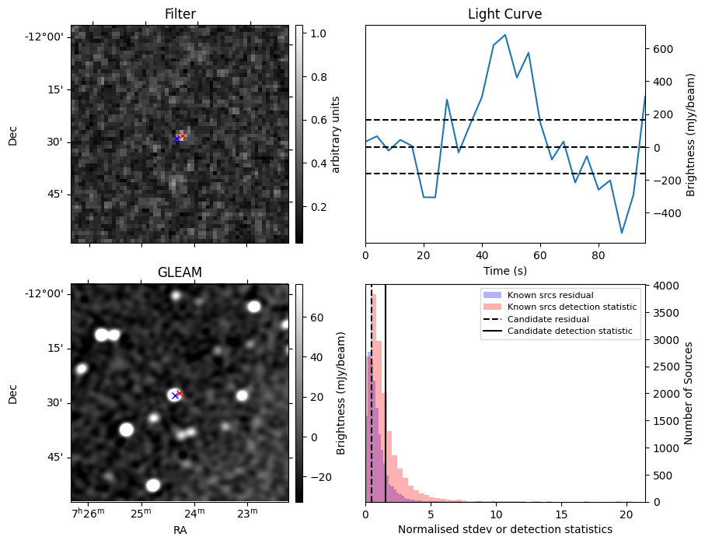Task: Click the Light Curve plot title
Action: point(504,14)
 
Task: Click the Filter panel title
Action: point(180,14)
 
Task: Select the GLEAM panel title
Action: point(180,272)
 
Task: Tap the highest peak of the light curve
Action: point(505,35)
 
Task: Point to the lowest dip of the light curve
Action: point(622,233)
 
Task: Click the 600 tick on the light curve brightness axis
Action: point(663,48)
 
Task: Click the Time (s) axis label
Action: point(504,269)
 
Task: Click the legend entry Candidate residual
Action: point(547,320)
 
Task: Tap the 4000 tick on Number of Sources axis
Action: point(663,286)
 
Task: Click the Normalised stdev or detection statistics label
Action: point(504,529)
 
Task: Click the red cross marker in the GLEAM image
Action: point(180,393)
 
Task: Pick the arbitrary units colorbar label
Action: point(336,134)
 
